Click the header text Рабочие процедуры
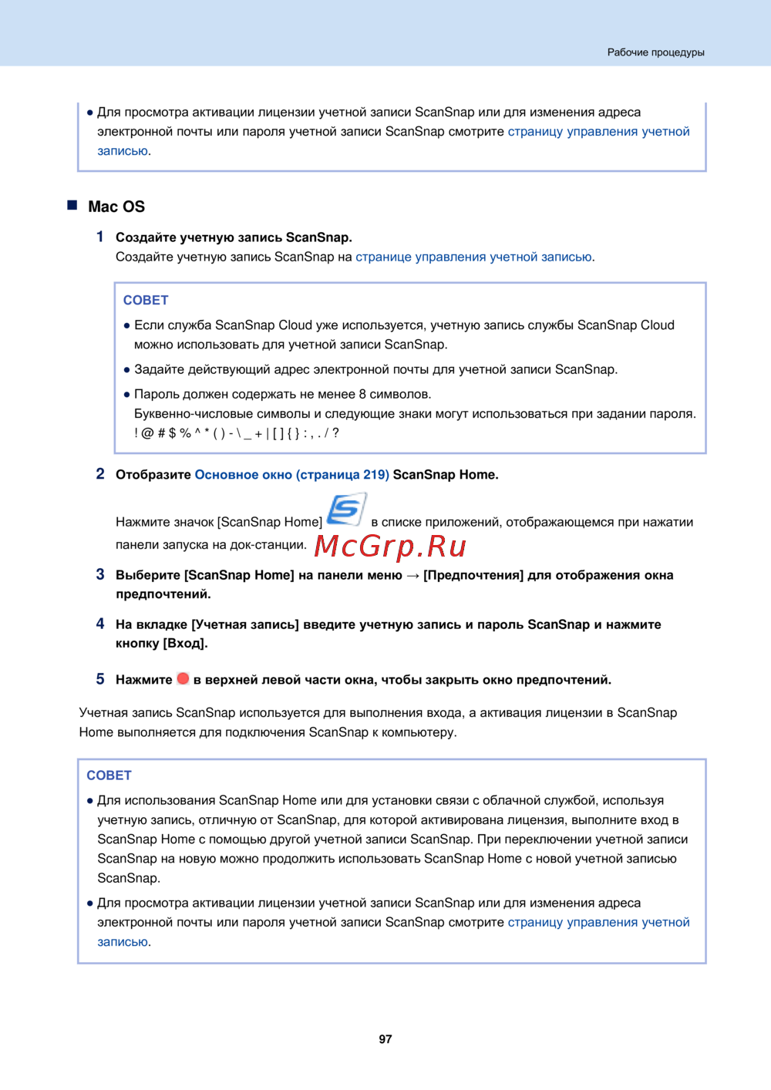pyautogui.click(x=655, y=52)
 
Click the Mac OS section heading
pyautogui.click(x=116, y=207)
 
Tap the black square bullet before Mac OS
pyautogui.click(x=72, y=205)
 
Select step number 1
pyautogui.click(x=100, y=237)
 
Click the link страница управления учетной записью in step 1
pyautogui.click(x=473, y=257)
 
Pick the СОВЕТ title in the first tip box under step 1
pyautogui.click(x=146, y=300)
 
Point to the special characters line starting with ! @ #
pyautogui.click(x=237, y=433)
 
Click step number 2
pyautogui.click(x=100, y=473)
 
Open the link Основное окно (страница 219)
pyautogui.click(x=291, y=475)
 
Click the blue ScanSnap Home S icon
pyautogui.click(x=346, y=510)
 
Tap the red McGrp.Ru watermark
pyautogui.click(x=390, y=546)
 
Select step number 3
pyautogui.click(x=100, y=574)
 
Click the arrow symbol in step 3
pyautogui.click(x=412, y=575)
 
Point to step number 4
pyautogui.click(x=100, y=624)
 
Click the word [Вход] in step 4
pyautogui.click(x=185, y=643)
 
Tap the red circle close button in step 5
pyautogui.click(x=183, y=678)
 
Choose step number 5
pyautogui.click(x=100, y=679)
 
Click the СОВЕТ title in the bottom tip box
pyautogui.click(x=109, y=775)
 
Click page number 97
pyautogui.click(x=385, y=1039)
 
